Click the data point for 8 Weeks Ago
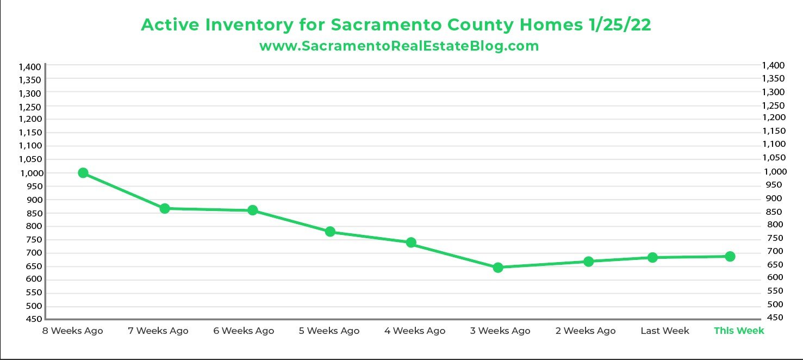click(x=83, y=173)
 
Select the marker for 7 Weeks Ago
click(x=165, y=208)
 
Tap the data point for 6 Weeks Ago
click(x=253, y=210)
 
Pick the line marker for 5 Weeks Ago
click(x=330, y=232)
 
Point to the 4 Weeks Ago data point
click(x=411, y=243)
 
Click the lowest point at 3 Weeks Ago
click(x=498, y=267)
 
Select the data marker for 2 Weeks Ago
click(x=588, y=262)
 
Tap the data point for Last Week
click(x=652, y=257)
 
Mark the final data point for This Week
click(x=730, y=256)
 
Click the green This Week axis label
click(x=739, y=331)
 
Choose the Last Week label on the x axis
click(x=664, y=331)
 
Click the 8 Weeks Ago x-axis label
click(x=72, y=331)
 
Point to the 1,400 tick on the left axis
click(x=30, y=67)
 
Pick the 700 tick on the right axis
click(x=772, y=251)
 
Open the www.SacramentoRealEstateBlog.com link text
click(x=399, y=46)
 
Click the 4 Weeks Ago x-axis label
click(x=414, y=331)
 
